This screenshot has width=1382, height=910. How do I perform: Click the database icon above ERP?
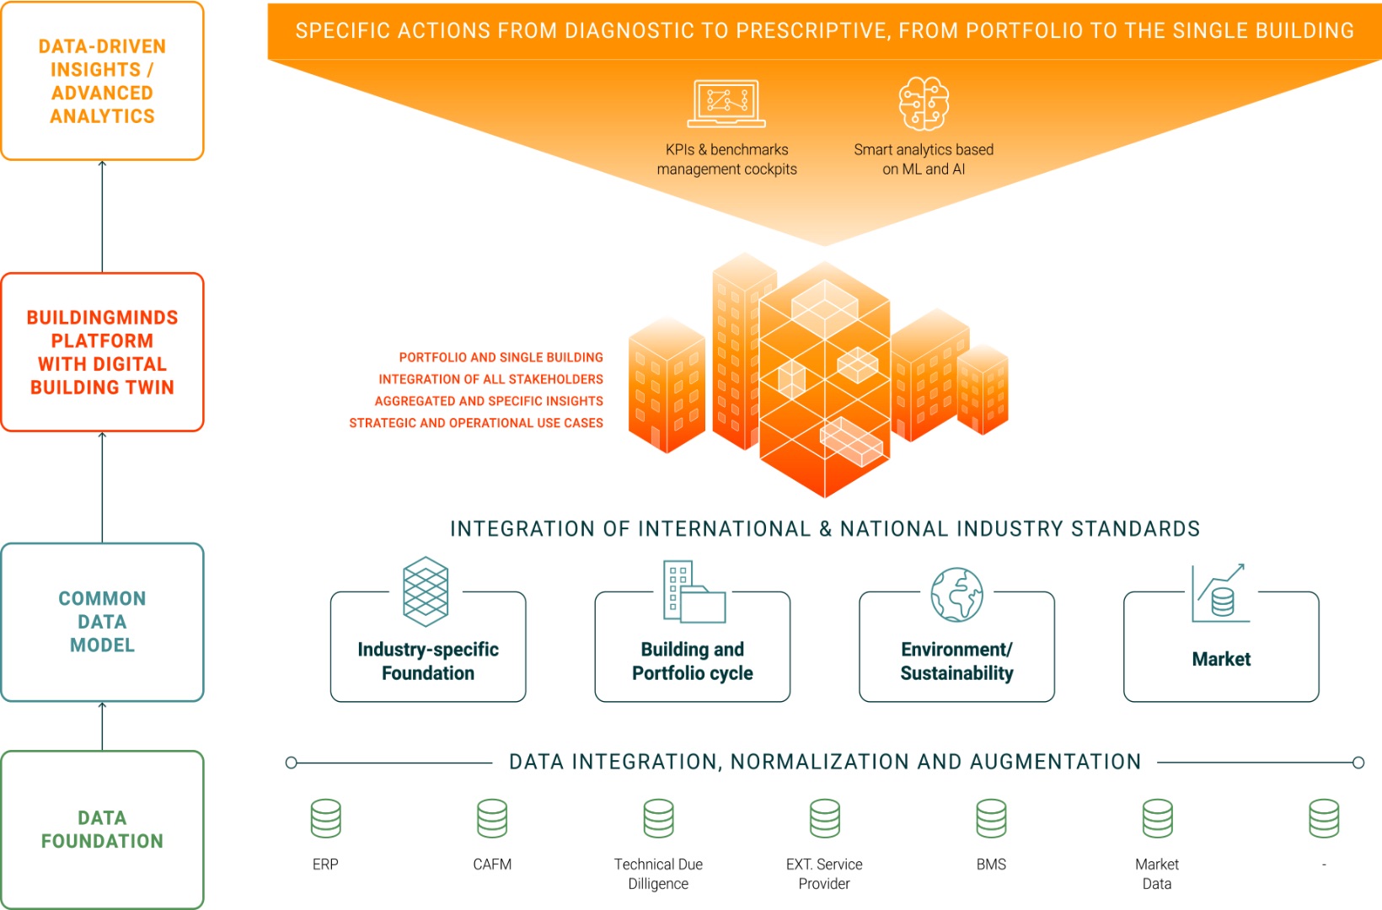326,818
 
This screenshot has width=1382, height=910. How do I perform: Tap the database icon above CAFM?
492,818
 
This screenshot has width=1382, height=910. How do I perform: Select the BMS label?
991,864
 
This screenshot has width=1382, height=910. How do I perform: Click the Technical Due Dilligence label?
658,874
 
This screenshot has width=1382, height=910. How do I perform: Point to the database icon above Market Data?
1158,818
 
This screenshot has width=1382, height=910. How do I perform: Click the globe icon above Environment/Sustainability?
957,594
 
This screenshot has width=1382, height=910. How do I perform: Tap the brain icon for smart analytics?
924,104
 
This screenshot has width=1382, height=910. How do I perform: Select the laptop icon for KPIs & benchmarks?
726,104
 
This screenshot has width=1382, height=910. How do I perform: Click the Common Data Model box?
103,622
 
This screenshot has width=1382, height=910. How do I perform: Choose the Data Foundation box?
103,829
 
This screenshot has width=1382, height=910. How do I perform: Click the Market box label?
1221,659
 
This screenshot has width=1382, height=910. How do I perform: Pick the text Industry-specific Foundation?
428,661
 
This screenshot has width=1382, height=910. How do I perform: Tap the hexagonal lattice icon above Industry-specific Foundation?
425,591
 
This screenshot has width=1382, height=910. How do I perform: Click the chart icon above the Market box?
1220,593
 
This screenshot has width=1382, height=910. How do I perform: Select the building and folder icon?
694,591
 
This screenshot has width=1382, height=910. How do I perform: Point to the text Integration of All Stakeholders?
490,379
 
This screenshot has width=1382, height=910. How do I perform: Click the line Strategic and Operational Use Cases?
475,423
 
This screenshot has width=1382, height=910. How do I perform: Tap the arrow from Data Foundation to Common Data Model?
103,726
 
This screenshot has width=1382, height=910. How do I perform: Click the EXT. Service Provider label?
824,874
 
